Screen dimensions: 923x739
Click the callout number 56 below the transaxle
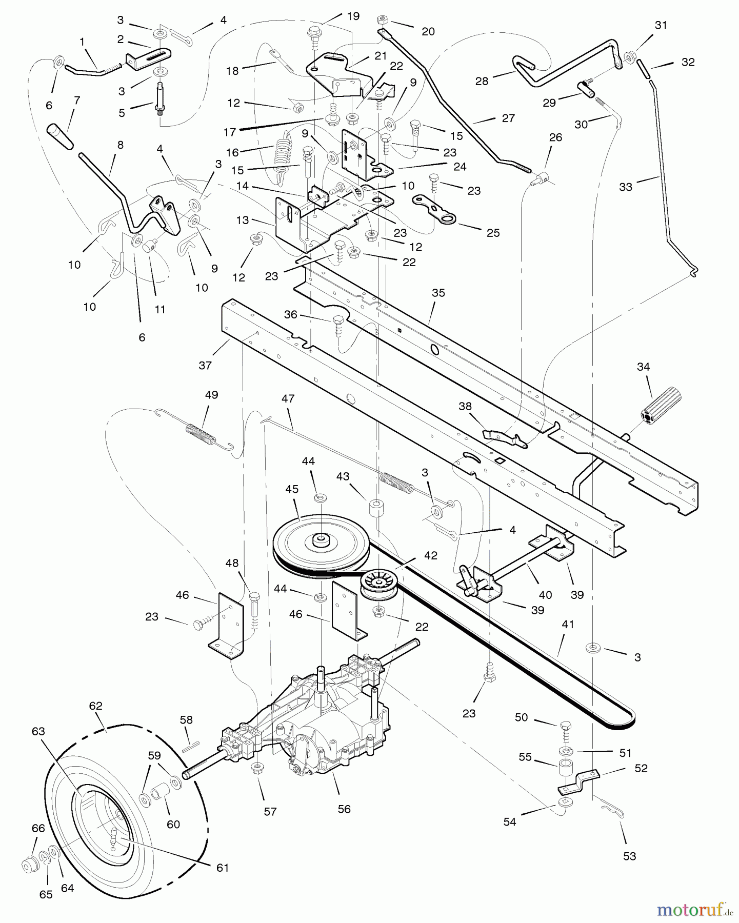coord(344,809)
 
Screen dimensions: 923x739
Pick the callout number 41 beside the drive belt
coord(568,625)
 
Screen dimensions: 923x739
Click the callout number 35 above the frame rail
coord(438,293)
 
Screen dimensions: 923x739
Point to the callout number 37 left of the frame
coord(205,365)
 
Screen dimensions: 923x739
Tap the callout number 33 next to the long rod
coord(626,187)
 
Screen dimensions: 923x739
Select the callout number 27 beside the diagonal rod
coord(508,118)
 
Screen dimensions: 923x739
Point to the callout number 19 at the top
coord(353,15)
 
